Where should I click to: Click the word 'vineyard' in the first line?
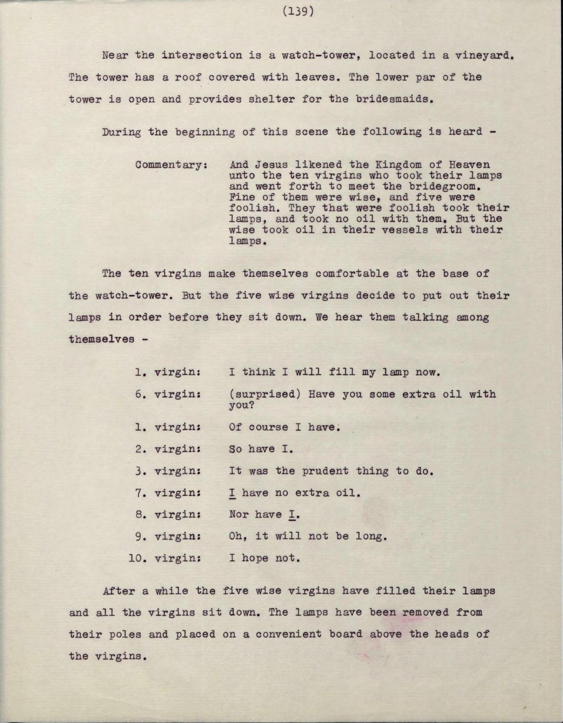485,56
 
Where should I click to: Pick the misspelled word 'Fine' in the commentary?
242,197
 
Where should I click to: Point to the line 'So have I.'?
261,449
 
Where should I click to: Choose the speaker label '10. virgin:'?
165,558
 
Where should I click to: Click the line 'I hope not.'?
264,558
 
